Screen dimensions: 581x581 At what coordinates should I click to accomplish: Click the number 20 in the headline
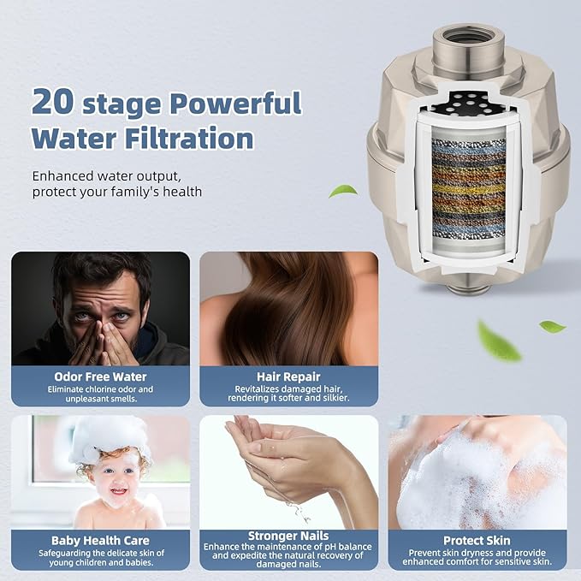[52, 102]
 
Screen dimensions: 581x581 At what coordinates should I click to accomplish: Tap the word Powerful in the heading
[235, 103]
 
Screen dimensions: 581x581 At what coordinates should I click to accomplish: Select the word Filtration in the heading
[189, 138]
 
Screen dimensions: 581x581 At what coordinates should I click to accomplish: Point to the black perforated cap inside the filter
[470, 103]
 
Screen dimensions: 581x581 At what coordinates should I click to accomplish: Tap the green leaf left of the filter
[343, 191]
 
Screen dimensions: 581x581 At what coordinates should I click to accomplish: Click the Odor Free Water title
[100, 376]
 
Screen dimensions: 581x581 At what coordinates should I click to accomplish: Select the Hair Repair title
[288, 376]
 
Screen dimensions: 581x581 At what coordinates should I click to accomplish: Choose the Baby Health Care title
[100, 541]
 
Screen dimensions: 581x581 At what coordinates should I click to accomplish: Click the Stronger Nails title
[288, 536]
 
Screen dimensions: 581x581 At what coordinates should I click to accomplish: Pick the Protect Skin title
[477, 541]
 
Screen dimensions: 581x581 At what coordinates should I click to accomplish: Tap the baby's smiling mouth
[119, 491]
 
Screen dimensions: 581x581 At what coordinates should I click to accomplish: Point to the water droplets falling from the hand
[299, 512]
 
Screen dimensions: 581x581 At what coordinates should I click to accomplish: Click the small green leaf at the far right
[552, 327]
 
